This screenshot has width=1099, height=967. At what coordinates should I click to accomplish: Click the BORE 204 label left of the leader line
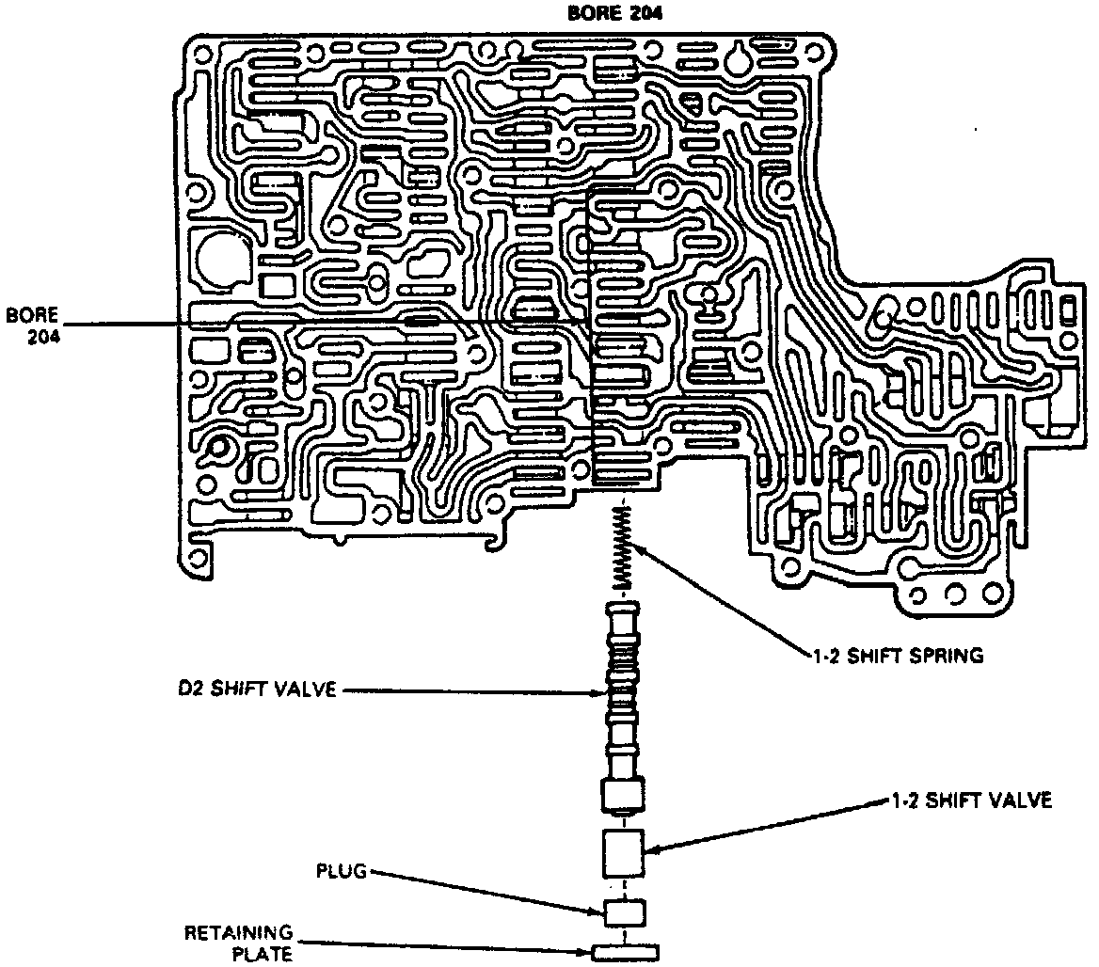pos(33,325)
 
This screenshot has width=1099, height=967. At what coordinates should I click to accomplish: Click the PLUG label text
pos(339,872)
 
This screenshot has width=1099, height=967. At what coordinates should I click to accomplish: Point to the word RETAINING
pos(238,933)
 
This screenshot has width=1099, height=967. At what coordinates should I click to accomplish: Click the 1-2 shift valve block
pos(621,852)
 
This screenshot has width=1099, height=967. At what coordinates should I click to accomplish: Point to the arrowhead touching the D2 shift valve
pos(605,694)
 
